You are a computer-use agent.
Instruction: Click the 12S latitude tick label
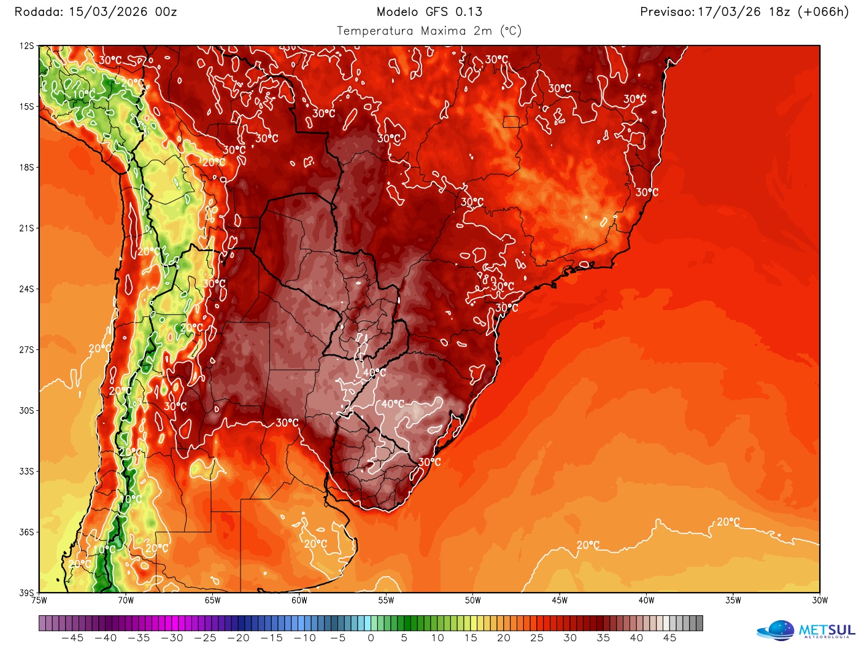click(x=27, y=46)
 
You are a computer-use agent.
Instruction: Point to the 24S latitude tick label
click(x=27, y=289)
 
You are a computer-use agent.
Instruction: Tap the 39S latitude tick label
click(x=27, y=593)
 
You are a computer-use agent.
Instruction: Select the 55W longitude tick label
click(x=386, y=601)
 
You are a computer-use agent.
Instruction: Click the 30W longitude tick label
click(x=820, y=601)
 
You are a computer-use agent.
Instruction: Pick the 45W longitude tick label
click(x=560, y=601)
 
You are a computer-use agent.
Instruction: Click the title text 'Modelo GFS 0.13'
click(x=429, y=12)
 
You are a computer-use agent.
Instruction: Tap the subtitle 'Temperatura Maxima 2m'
click(x=414, y=31)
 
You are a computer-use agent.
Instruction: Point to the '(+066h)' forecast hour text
click(x=822, y=12)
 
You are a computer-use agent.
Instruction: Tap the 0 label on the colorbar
click(x=371, y=638)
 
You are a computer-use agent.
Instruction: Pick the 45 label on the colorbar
click(x=670, y=638)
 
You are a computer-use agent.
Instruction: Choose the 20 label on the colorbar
click(x=504, y=638)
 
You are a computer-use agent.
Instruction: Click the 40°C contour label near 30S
click(x=393, y=404)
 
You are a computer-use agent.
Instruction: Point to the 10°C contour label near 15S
click(x=84, y=94)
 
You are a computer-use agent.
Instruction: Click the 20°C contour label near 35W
click(x=728, y=522)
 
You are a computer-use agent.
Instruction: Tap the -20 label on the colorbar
click(x=238, y=638)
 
